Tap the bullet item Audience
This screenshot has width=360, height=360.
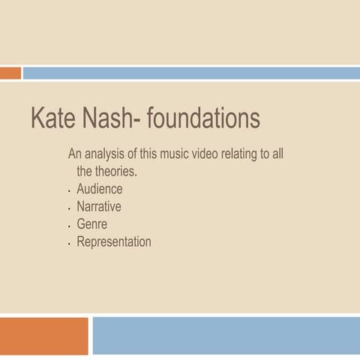tap(99, 189)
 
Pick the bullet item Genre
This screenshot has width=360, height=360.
tap(91, 224)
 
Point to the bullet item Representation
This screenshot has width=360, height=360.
tap(113, 242)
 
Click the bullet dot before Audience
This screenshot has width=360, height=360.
tap(69, 190)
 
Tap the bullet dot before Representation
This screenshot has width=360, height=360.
tap(69, 244)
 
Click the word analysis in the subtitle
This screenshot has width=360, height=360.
tap(107, 154)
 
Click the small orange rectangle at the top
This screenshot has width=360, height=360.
tap(10, 73)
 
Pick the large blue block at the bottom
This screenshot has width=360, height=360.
tap(226, 335)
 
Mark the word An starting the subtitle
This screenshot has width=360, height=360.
tap(74, 154)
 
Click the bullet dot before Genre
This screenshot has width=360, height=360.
tap(69, 226)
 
